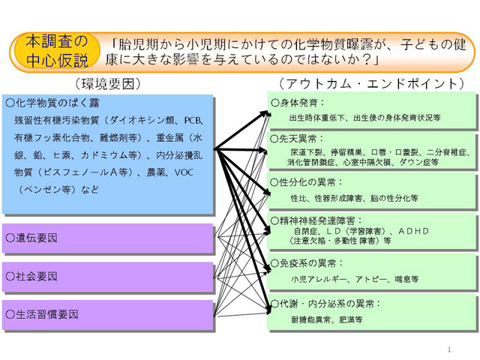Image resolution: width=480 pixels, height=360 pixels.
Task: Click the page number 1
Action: (449, 349)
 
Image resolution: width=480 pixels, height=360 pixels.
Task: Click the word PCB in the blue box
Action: (193, 120)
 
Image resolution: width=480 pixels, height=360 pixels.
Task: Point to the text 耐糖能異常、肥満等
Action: (327, 319)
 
